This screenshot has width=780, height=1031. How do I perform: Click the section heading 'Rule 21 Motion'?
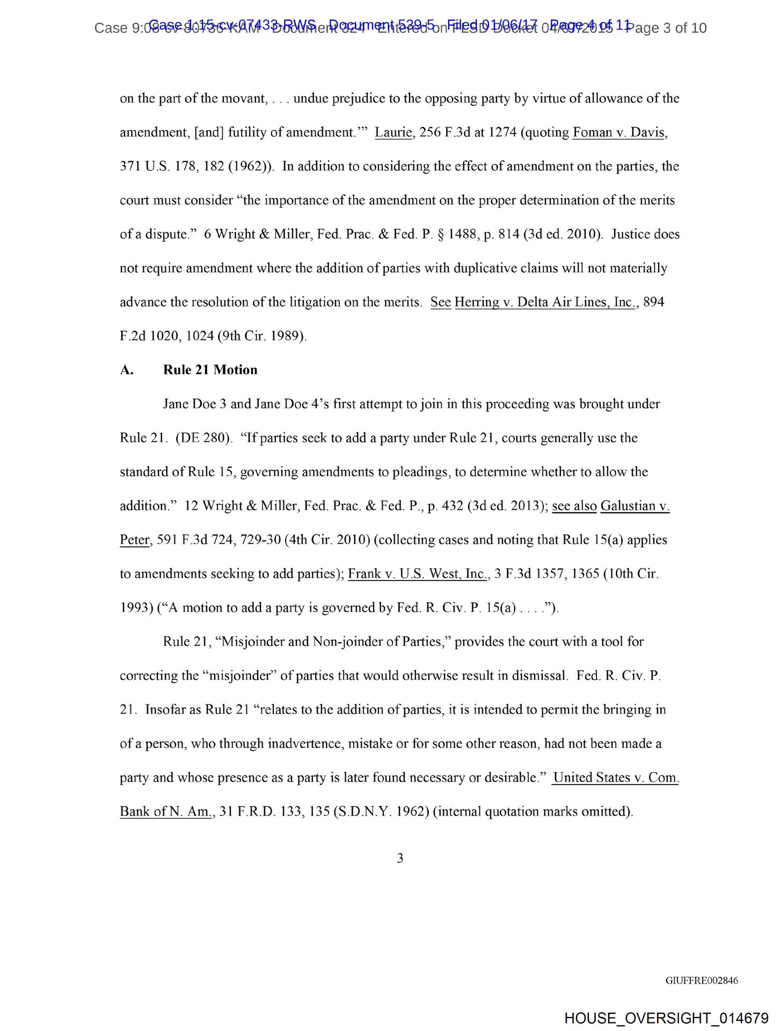[210, 370]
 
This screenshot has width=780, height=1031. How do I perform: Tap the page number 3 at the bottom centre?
[400, 858]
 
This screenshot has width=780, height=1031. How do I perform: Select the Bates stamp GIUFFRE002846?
[701, 981]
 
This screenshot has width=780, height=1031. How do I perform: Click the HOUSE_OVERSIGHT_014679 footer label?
[666, 1018]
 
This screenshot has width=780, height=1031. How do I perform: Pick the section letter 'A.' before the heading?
[127, 370]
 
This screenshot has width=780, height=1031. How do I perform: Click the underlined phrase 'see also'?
[574, 506]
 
